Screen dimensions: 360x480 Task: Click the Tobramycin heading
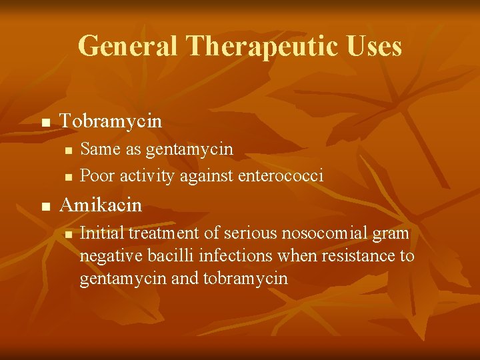click(111, 121)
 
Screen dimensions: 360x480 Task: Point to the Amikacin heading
click(101, 205)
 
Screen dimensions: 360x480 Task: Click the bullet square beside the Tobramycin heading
click(45, 123)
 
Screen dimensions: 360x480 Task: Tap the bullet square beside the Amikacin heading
click(45, 207)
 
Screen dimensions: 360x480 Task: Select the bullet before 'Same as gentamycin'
click(67, 150)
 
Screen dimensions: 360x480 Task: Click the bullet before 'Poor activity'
click(67, 177)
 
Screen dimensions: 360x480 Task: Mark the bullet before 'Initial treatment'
click(67, 234)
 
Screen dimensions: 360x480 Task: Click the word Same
click(97, 149)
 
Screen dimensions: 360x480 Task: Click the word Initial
click(102, 233)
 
